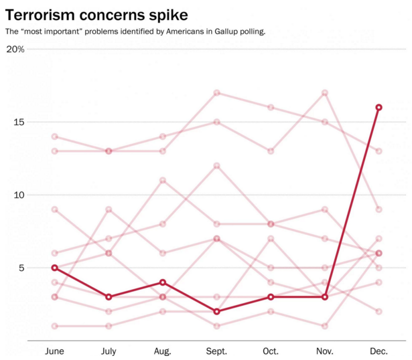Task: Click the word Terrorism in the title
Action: pos(40,15)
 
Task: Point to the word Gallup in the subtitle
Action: pos(226,31)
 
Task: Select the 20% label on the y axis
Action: pos(15,50)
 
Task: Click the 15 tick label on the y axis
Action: pos(19,122)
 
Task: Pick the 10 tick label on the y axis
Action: pos(19,195)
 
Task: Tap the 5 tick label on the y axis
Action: pos(21,268)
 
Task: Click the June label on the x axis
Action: pos(54,351)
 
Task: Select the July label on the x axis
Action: pos(109,351)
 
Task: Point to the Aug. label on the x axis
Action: pos(163,351)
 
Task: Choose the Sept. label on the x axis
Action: pos(216,351)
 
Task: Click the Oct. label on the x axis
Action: pos(271,351)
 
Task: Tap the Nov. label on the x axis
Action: pos(325,351)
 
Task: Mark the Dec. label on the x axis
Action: pos(379,351)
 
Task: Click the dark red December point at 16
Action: pos(379,107)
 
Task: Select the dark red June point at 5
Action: pos(55,268)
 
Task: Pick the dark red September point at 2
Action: pos(217,311)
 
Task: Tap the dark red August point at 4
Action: pos(163,282)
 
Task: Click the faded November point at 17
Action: pos(325,93)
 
